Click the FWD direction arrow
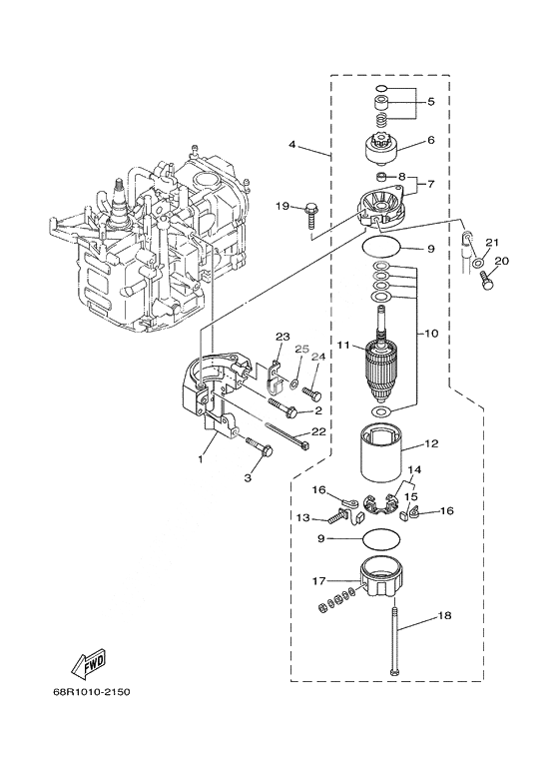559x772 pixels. (x=89, y=661)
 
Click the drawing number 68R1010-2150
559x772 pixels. (x=92, y=692)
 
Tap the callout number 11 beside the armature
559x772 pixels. (x=343, y=346)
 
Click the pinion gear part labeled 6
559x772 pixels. (x=384, y=147)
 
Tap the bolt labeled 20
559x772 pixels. (x=486, y=280)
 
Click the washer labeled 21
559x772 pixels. (x=477, y=263)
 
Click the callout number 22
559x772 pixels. (x=318, y=431)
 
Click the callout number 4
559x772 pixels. (x=292, y=145)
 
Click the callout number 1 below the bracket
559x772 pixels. (x=201, y=458)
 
